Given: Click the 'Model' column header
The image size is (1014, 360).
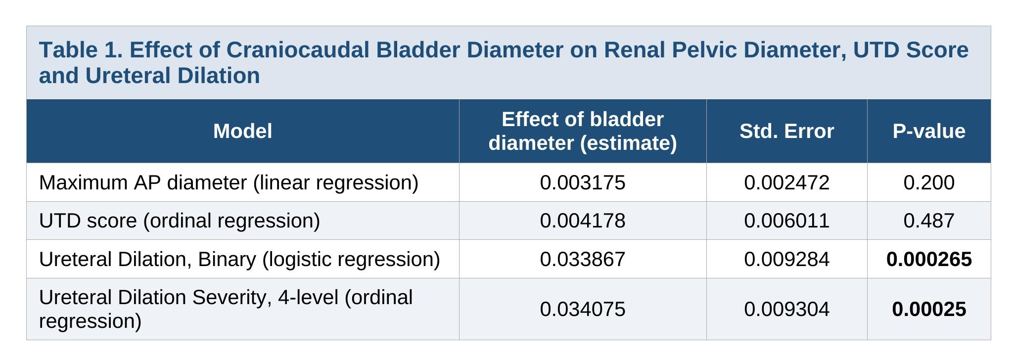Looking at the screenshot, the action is click(x=242, y=131).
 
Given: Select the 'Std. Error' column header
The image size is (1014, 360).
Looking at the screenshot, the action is click(x=786, y=131).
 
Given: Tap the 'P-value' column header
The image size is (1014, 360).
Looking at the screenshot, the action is click(x=929, y=131).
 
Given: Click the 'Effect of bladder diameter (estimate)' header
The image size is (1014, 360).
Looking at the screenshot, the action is click(x=583, y=131).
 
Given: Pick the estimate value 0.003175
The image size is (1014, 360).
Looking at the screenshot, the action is click(x=583, y=182).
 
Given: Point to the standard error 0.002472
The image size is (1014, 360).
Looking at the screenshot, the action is click(x=786, y=182).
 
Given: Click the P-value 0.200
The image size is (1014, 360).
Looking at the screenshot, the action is click(x=929, y=182).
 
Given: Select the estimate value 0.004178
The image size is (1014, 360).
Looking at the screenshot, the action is click(x=583, y=221).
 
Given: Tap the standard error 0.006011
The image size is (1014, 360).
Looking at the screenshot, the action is click(x=786, y=221).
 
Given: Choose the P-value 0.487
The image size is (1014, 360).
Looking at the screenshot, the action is click(x=929, y=221).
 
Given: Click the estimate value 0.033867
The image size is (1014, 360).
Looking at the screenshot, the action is click(x=583, y=259).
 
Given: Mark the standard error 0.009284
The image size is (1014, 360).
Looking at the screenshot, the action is click(x=786, y=259).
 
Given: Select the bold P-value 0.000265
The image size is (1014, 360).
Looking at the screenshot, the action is click(x=929, y=259).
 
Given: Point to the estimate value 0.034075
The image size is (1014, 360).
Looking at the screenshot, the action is click(x=583, y=309).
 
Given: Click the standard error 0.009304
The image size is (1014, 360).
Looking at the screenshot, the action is click(x=786, y=309).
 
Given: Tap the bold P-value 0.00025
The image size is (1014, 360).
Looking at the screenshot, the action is click(x=929, y=309).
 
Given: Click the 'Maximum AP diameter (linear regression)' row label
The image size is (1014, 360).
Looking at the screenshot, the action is click(x=229, y=183).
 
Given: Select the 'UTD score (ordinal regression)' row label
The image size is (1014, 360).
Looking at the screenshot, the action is click(x=180, y=221).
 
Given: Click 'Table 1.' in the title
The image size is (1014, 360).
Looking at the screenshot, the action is click(x=81, y=50).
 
